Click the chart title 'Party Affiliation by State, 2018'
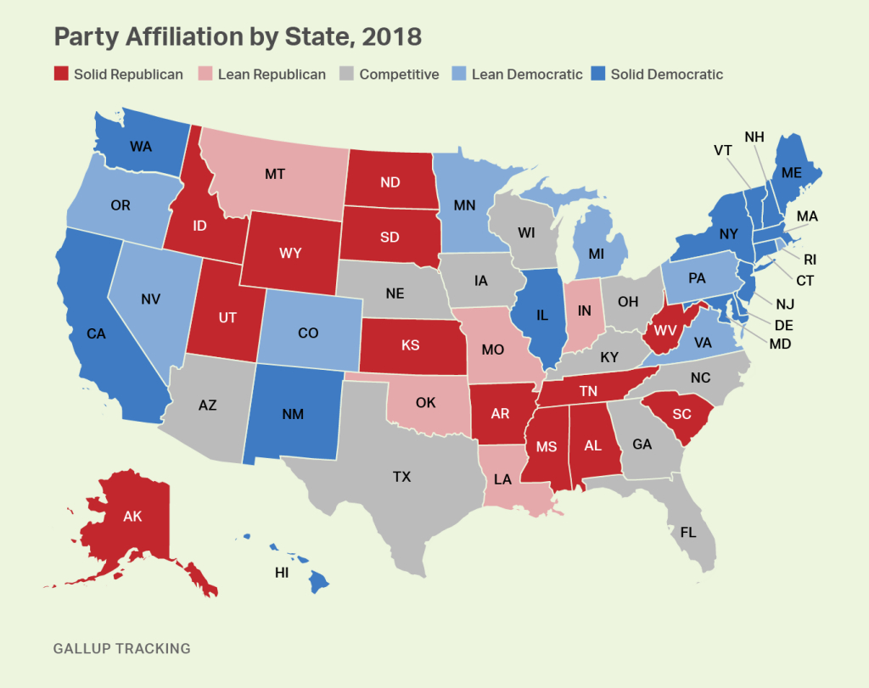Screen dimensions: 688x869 [238, 36]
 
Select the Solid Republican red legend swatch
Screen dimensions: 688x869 [61, 74]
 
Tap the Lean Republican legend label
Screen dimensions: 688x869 [272, 74]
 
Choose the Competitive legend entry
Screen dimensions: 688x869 [390, 74]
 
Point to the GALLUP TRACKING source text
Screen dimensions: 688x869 [121, 649]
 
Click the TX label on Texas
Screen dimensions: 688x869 [401, 477]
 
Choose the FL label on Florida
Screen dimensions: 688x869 [688, 534]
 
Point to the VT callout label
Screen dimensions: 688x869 [723, 150]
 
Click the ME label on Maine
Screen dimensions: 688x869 [791, 171]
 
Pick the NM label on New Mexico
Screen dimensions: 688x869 [294, 415]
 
